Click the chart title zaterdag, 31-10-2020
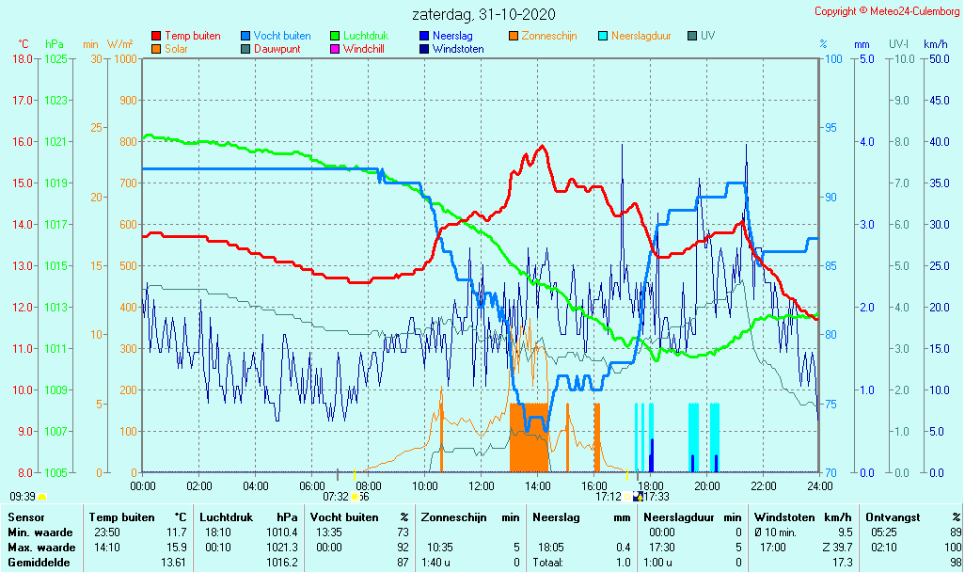coord(483,14)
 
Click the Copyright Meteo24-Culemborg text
coord(888,11)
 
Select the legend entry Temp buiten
coord(192,36)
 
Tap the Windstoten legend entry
coord(458,49)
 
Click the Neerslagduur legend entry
coord(641,36)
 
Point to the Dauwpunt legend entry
coord(277,49)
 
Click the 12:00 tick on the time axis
coord(482,485)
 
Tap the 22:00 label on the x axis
coord(763,485)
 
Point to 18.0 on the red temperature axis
coord(22,59)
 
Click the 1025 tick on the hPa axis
coord(55,59)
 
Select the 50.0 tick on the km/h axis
coord(937,59)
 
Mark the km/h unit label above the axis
coord(935,44)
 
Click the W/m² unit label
coord(119,44)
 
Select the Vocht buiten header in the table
coord(344,516)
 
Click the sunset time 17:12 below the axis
coord(609,496)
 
